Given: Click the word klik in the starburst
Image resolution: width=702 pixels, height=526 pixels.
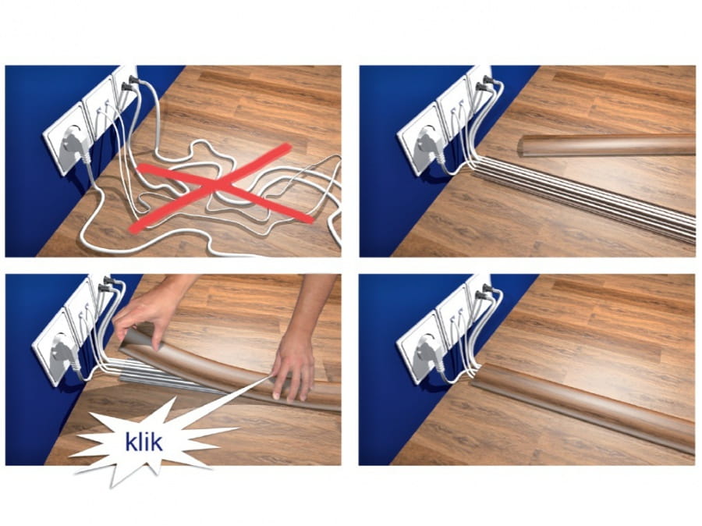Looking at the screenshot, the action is pyautogui.click(x=144, y=442).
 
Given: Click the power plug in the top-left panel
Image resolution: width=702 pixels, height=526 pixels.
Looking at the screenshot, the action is pyautogui.click(x=72, y=144).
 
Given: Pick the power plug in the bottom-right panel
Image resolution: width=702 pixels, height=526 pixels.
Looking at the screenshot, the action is pyautogui.click(x=426, y=353).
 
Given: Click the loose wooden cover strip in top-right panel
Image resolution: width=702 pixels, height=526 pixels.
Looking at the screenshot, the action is pyautogui.click(x=606, y=144).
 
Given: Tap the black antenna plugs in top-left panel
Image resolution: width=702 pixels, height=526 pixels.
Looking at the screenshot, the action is pyautogui.click(x=129, y=83).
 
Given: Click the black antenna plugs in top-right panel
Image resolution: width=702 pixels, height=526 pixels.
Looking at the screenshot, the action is pyautogui.click(x=484, y=84).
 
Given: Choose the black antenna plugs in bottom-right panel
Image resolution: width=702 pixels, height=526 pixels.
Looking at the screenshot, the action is pyautogui.click(x=484, y=292).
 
